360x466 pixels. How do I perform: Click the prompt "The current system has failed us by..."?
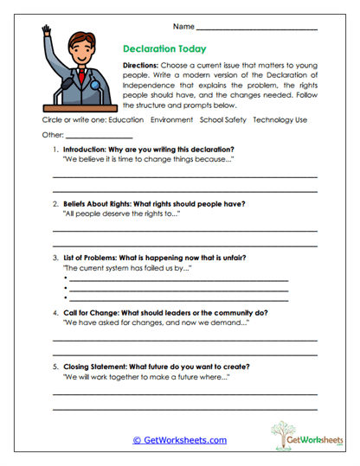(127, 269)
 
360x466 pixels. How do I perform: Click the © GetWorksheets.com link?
(180, 440)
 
